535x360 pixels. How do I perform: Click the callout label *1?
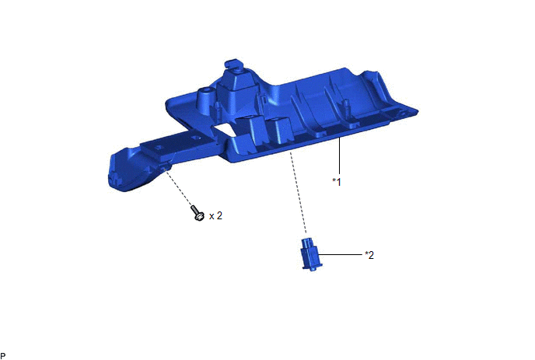337,182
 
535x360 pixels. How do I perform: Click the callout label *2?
369,255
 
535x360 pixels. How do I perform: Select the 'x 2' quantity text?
215,215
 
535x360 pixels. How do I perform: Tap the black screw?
198,213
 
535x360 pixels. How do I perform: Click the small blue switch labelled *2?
311,255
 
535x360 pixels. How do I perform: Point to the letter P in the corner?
3,357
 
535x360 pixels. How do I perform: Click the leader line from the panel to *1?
340,156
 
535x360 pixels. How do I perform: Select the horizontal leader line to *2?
340,254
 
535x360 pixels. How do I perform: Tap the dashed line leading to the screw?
179,187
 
